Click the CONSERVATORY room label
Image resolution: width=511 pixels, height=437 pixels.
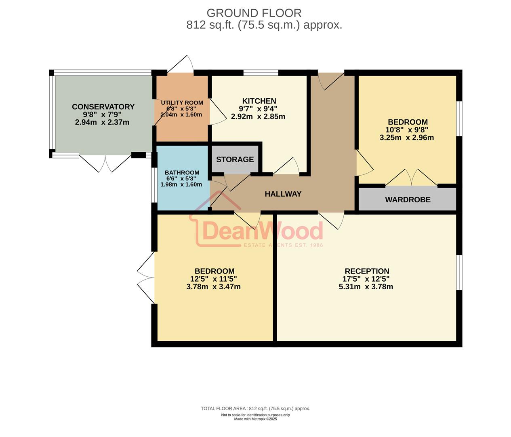coord(103,107)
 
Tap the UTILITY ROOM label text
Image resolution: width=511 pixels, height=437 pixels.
coord(182,103)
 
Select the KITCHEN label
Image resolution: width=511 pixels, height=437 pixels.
coord(259,101)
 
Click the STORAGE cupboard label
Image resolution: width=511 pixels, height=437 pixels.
coord(235,159)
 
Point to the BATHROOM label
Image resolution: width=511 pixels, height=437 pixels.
coord(182,173)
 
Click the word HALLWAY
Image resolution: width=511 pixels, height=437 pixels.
coord(283,194)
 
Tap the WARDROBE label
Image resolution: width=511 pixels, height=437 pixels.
coord(408,200)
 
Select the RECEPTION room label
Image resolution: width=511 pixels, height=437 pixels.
coord(367,272)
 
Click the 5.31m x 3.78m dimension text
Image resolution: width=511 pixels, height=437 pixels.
coord(366,287)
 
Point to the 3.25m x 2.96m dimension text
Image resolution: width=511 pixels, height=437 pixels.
coord(406,138)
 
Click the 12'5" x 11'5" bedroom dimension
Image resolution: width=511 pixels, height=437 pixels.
coord(213,279)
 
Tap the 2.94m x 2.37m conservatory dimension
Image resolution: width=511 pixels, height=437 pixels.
coord(102,122)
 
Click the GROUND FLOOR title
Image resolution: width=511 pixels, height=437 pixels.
coord(254,13)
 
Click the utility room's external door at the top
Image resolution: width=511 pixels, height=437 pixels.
coord(181,65)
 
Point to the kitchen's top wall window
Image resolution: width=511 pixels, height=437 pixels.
coord(261,73)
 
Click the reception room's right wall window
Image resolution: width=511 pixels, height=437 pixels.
coord(459,272)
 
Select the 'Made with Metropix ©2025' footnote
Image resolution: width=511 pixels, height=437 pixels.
coord(255,419)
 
